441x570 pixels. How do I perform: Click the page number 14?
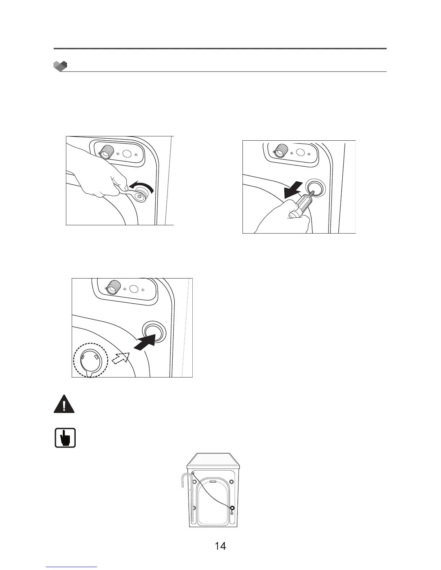coord(220,546)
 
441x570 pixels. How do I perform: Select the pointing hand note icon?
coord(65,438)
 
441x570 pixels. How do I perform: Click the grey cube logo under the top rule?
coord(60,66)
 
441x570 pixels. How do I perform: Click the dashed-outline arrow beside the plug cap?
coord(121,358)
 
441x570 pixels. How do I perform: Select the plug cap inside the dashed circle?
coord(90,361)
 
